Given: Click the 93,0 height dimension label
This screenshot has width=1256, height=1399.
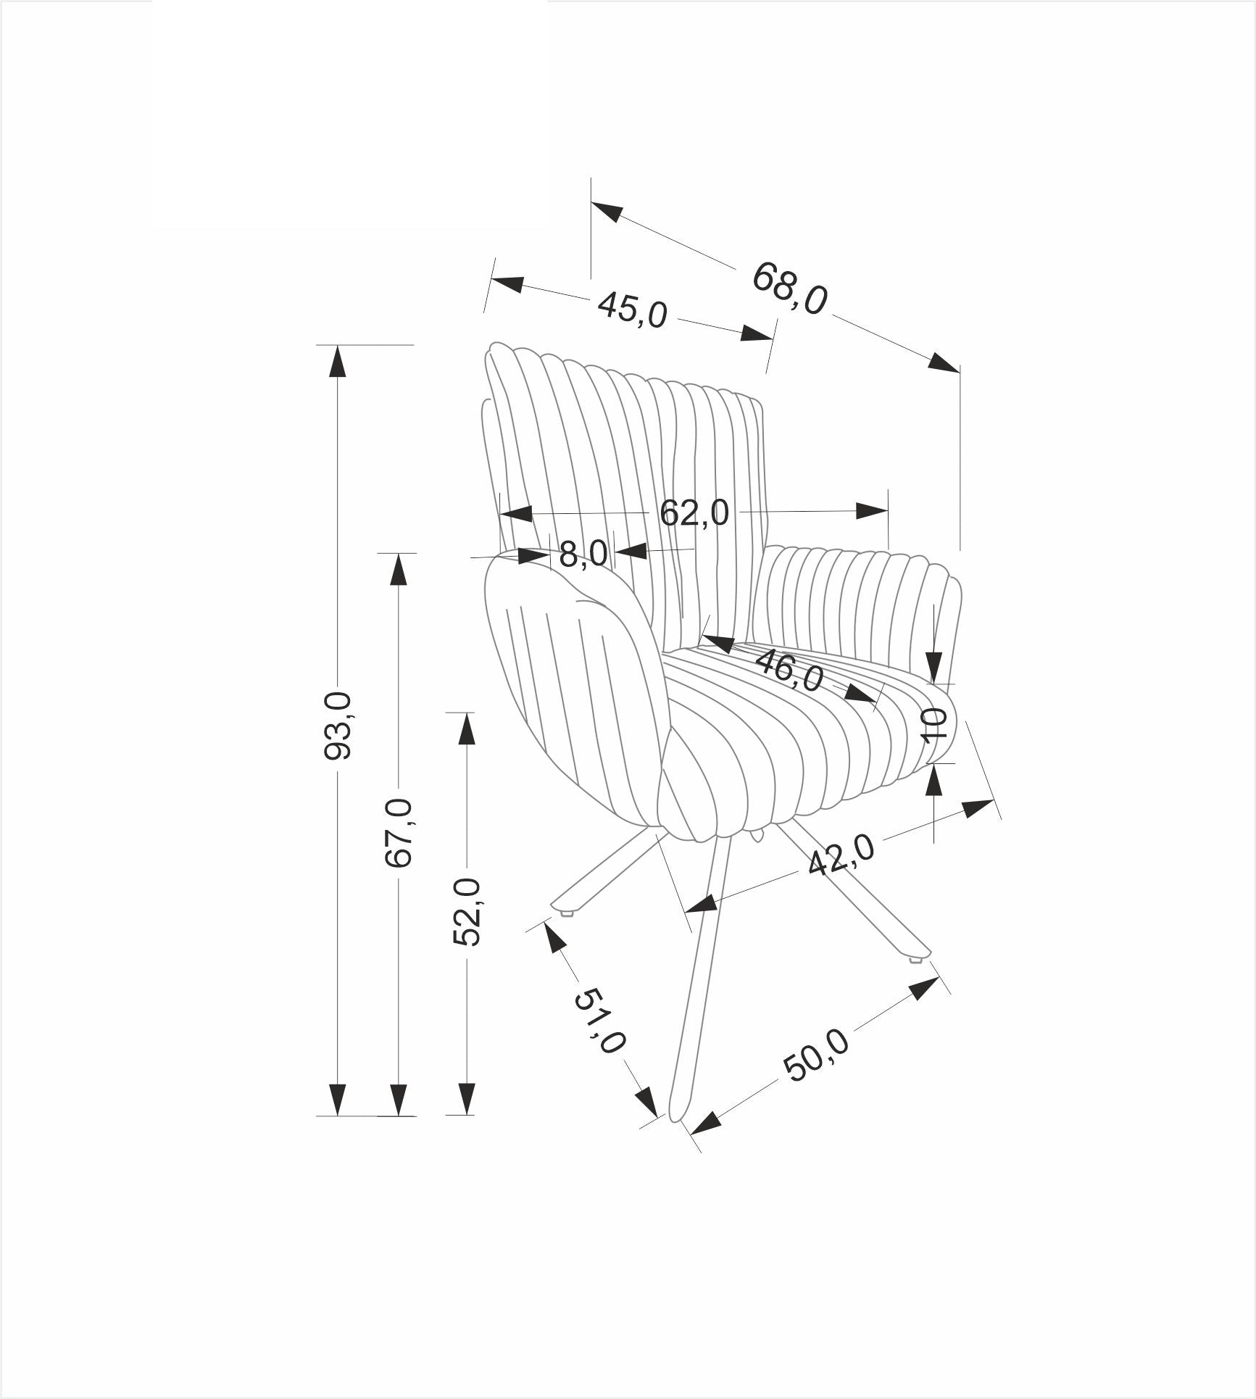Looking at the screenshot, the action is click(338, 726).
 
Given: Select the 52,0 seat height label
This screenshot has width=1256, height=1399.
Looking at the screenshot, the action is click(467, 912).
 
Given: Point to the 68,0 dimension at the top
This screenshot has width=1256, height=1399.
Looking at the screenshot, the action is click(789, 288).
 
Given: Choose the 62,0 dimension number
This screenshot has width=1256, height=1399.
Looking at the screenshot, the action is click(694, 513).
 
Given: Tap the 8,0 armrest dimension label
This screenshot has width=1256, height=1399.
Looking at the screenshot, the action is click(583, 555).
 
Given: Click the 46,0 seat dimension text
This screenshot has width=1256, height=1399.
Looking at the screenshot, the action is click(789, 671).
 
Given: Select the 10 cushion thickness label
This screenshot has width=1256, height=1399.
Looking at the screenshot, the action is click(935, 724).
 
